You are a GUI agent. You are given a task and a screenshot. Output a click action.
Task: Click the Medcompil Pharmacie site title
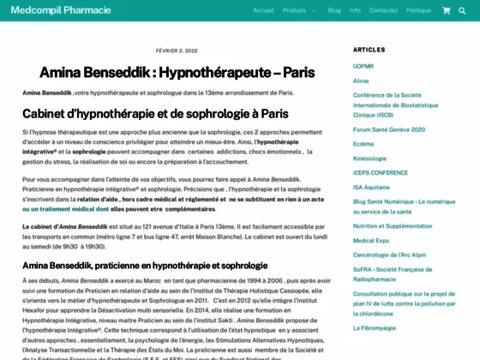click(61, 10)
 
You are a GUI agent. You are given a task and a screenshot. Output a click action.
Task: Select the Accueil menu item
click(263, 10)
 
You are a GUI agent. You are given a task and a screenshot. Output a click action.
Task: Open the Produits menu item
click(295, 10)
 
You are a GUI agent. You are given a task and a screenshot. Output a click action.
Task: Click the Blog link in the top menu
click(334, 10)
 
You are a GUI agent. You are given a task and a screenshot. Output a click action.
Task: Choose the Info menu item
click(355, 10)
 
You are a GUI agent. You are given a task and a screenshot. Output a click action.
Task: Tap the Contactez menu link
click(383, 10)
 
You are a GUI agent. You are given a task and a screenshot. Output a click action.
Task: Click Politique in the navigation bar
click(418, 10)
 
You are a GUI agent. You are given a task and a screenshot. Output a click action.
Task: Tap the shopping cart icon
click(446, 10)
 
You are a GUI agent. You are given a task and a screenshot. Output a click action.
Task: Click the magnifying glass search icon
click(463, 10)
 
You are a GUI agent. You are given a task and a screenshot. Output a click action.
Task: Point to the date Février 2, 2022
click(177, 51)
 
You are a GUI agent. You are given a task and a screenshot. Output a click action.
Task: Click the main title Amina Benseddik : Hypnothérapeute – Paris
click(177, 72)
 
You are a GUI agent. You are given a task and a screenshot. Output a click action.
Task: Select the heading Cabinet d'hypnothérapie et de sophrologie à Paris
click(155, 113)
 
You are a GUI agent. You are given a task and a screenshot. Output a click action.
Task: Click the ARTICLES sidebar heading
click(369, 50)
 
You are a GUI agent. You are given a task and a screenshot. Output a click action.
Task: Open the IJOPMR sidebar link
click(363, 66)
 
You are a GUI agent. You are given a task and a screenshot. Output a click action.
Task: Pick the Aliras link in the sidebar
click(361, 81)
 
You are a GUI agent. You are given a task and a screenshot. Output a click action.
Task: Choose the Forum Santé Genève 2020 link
click(388, 129)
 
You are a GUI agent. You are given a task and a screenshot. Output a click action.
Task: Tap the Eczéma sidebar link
click(363, 143)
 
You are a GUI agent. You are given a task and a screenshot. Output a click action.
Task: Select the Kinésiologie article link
click(369, 158)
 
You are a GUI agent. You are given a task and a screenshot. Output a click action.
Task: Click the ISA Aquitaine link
click(371, 187)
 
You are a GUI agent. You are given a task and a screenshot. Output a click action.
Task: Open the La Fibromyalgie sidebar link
click(375, 327)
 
